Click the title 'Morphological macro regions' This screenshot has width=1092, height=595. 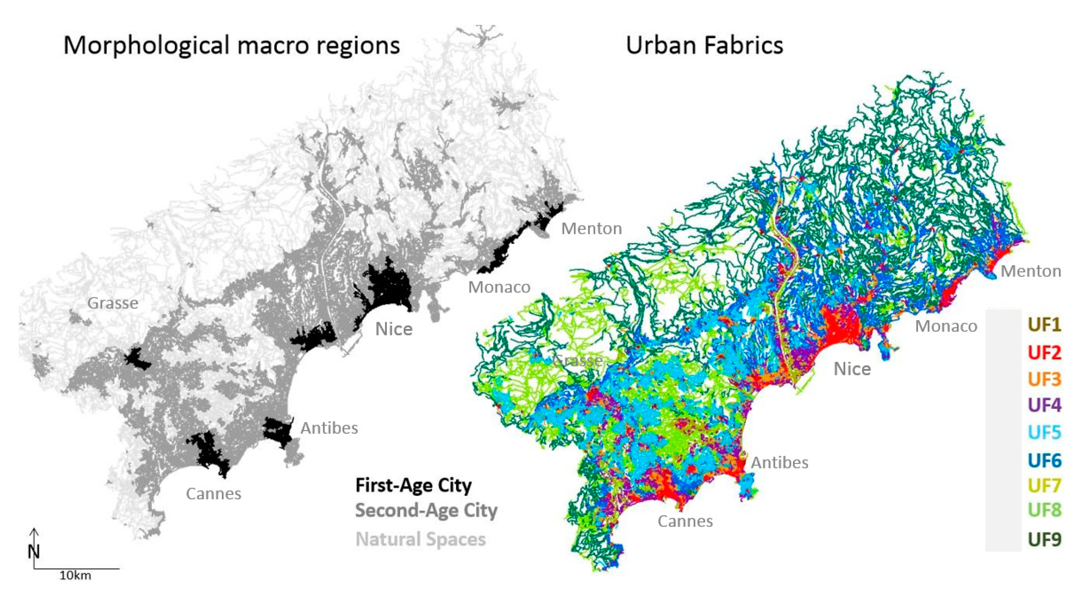[231, 45]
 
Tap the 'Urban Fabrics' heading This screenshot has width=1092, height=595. [704, 45]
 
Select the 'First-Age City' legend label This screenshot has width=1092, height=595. [413, 485]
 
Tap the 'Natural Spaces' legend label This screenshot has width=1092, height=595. [420, 539]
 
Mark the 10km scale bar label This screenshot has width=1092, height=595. [75, 576]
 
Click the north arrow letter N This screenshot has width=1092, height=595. [34, 552]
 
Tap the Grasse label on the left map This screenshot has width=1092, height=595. [113, 303]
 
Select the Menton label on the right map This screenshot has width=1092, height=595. [1031, 271]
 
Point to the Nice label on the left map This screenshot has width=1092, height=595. [394, 329]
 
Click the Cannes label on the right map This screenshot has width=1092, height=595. [685, 521]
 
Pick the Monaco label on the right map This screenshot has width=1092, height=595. [946, 326]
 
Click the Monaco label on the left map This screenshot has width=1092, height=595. [499, 287]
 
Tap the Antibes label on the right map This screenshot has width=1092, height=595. [779, 463]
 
